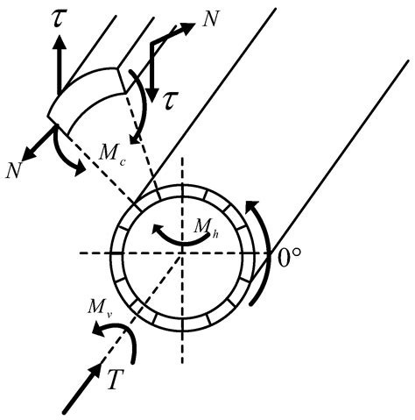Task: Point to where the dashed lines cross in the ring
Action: coord(182,253)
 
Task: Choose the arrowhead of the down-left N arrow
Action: coord(27,152)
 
